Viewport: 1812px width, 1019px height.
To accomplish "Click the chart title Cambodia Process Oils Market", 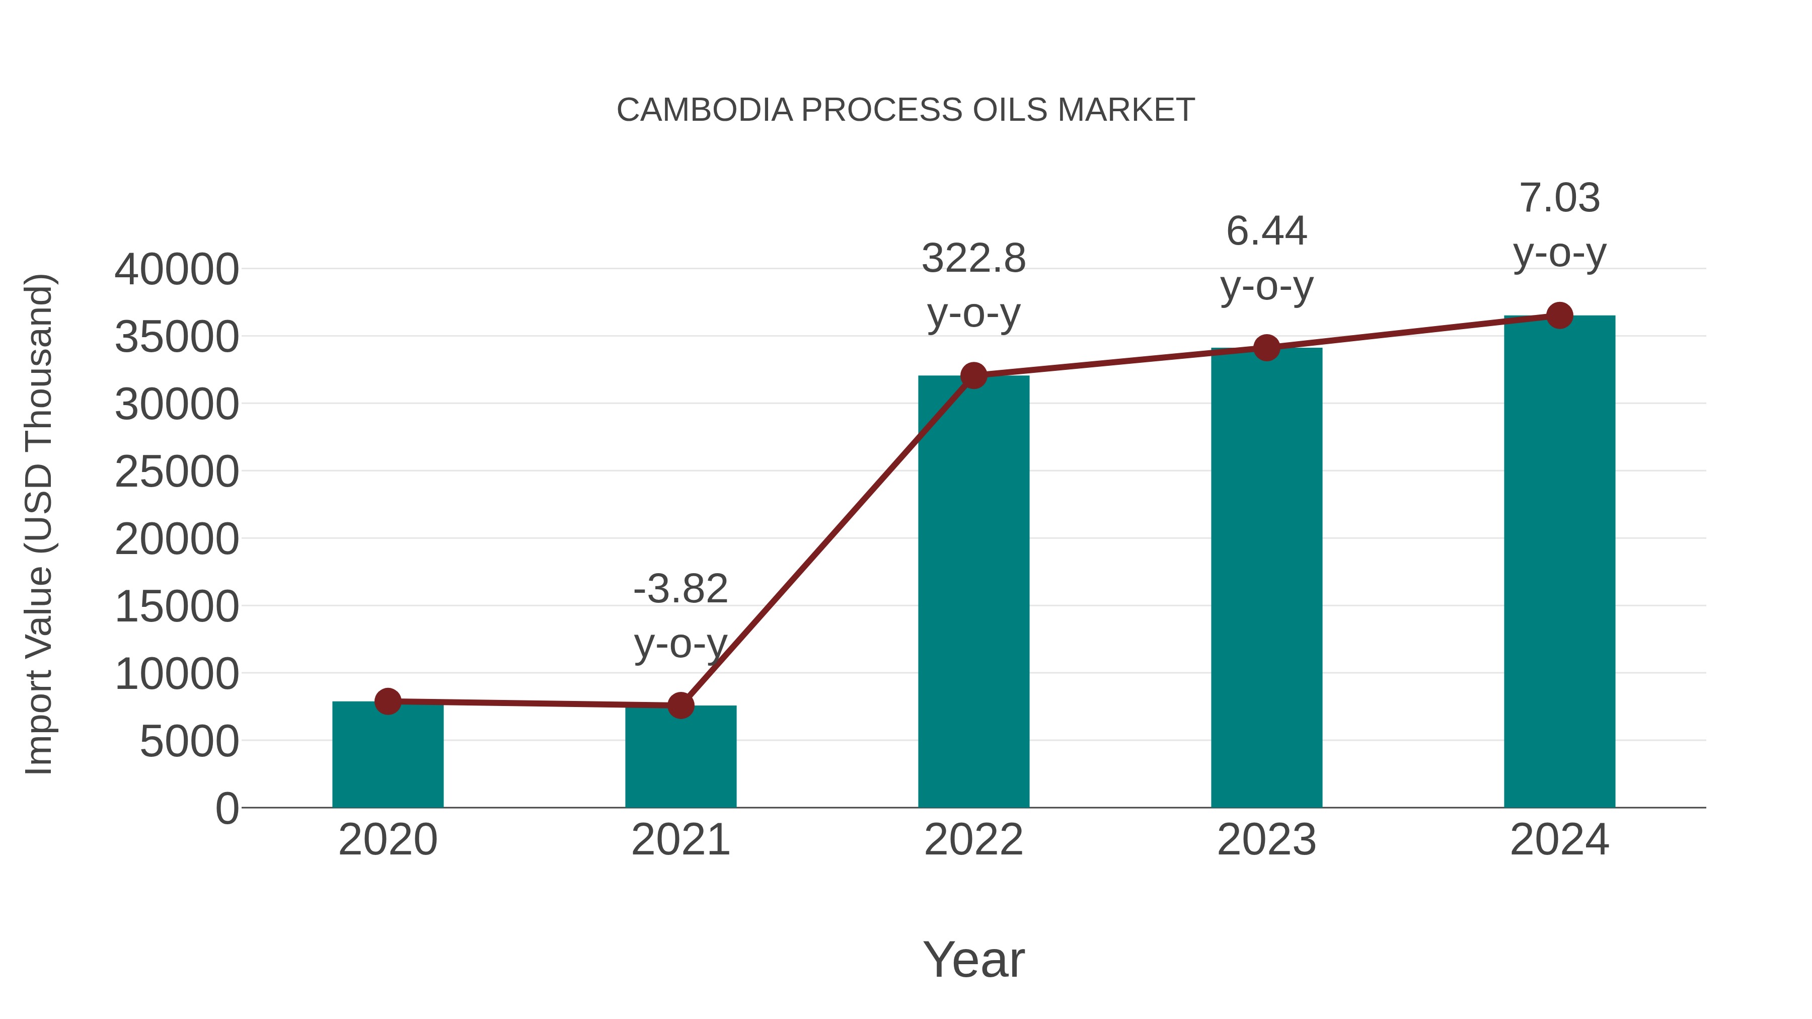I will click(x=905, y=110).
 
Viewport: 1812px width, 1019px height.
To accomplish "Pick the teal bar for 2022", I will click(x=973, y=591).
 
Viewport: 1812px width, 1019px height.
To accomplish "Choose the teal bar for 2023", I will click(x=1266, y=577).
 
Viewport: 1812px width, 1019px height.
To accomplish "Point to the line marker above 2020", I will click(x=388, y=701).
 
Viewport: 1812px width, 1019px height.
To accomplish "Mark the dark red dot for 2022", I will click(x=973, y=375).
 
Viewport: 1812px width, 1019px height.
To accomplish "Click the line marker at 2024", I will click(x=1559, y=316).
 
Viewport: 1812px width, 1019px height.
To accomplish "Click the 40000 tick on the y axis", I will click(x=177, y=269).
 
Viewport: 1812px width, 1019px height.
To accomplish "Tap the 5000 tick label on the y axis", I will click(x=189, y=741).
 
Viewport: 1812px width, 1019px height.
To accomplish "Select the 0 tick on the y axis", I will click(x=226, y=808).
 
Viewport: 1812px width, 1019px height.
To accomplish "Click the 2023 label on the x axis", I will click(x=1266, y=840).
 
